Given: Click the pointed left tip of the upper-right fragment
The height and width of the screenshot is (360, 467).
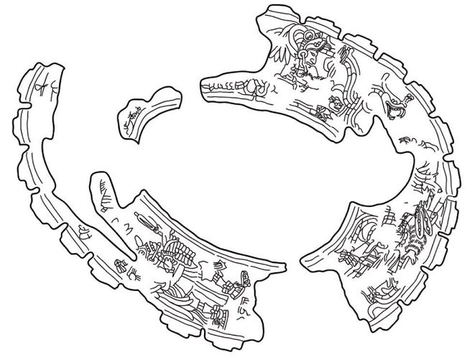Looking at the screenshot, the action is pyautogui.click(x=205, y=86).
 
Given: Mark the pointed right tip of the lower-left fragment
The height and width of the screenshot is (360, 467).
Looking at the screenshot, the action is pyautogui.click(x=283, y=269).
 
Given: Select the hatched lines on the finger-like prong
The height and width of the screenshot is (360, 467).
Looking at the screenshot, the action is pyautogui.click(x=107, y=190).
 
